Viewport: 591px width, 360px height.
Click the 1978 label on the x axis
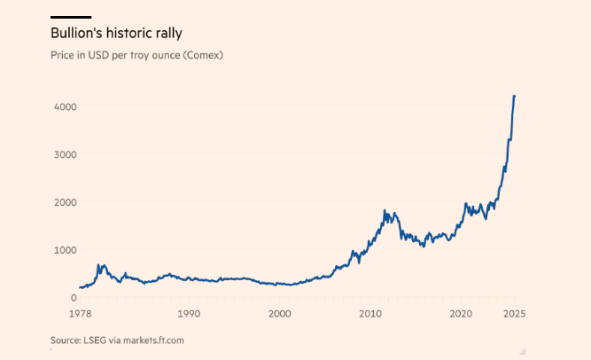[x=79, y=314]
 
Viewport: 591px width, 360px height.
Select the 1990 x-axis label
[x=188, y=314]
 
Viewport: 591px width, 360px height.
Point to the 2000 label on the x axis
[x=279, y=314]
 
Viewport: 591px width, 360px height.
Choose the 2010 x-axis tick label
[x=370, y=314]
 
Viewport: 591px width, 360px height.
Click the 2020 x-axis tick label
[x=461, y=314]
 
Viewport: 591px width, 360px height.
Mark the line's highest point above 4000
[x=515, y=96]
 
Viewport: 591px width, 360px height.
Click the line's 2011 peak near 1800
[x=385, y=210]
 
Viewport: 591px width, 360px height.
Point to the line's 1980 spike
[x=102, y=264]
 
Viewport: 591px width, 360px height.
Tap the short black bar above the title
[x=71, y=17]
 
